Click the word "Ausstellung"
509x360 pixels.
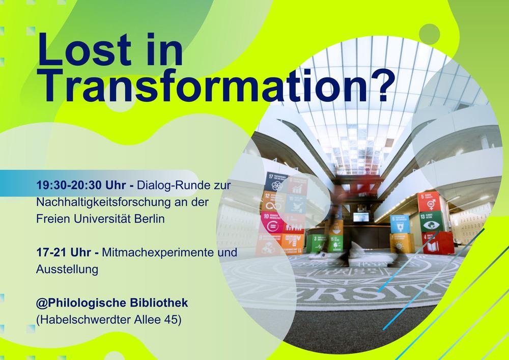[67, 270]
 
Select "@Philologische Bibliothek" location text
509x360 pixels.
[112, 303]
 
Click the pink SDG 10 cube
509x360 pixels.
[271, 223]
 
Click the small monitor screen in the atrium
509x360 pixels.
[360, 217]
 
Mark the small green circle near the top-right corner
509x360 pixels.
[430, 33]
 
